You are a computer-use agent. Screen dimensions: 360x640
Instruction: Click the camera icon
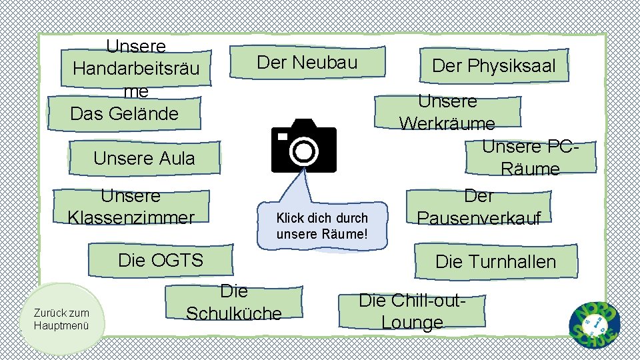[303, 147]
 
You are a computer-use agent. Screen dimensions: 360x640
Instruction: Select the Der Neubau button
[307, 63]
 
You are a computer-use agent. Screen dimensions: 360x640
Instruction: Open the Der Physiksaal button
[493, 66]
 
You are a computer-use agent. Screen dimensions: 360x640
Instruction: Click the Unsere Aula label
[144, 159]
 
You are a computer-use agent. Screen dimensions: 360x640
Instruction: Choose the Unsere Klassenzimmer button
[131, 207]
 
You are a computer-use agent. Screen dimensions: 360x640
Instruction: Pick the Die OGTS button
[160, 260]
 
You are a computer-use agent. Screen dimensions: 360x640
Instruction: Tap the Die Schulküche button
[233, 303]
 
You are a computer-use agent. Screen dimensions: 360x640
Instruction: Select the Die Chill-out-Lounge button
[412, 311]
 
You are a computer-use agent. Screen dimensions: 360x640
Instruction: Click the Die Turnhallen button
[495, 261]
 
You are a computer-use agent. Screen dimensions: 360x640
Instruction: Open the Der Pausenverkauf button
[479, 207]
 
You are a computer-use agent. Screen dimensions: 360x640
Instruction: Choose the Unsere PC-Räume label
[530, 157]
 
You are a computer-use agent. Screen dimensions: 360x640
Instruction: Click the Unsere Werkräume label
[447, 113]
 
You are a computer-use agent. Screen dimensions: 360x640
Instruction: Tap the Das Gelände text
[125, 114]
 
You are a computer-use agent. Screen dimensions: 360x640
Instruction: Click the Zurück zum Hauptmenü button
[62, 319]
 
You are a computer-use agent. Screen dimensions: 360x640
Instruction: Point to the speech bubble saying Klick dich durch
[322, 225]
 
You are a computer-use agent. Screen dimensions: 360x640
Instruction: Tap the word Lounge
[412, 323]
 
